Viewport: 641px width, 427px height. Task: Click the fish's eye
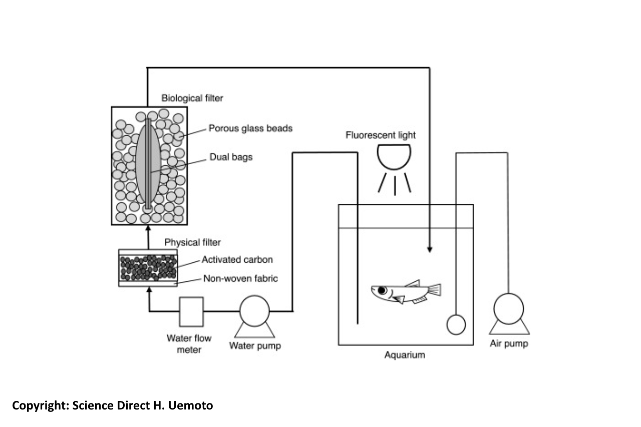[382, 290]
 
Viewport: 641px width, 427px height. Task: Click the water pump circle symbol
[254, 311]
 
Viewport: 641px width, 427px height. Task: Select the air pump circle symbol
[508, 309]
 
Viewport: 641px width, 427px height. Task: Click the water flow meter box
[191, 311]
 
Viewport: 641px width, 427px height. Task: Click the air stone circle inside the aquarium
[456, 324]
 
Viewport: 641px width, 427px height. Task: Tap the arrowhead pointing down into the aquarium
[429, 249]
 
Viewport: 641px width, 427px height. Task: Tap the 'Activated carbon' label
[237, 260]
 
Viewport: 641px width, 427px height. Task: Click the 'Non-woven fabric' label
[239, 278]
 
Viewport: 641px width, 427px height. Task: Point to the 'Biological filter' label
[192, 98]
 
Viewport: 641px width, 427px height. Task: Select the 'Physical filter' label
[192, 243]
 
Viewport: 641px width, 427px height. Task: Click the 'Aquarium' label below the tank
[405, 355]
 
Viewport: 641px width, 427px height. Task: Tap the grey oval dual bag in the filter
[148, 163]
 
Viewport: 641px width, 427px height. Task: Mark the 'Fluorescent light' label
[380, 135]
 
